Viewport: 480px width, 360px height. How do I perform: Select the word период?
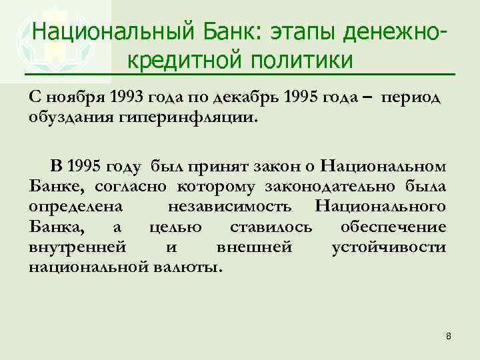[x=411, y=97]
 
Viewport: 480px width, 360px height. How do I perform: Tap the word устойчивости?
[x=389, y=247]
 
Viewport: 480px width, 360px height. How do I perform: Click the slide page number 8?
[x=448, y=336]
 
